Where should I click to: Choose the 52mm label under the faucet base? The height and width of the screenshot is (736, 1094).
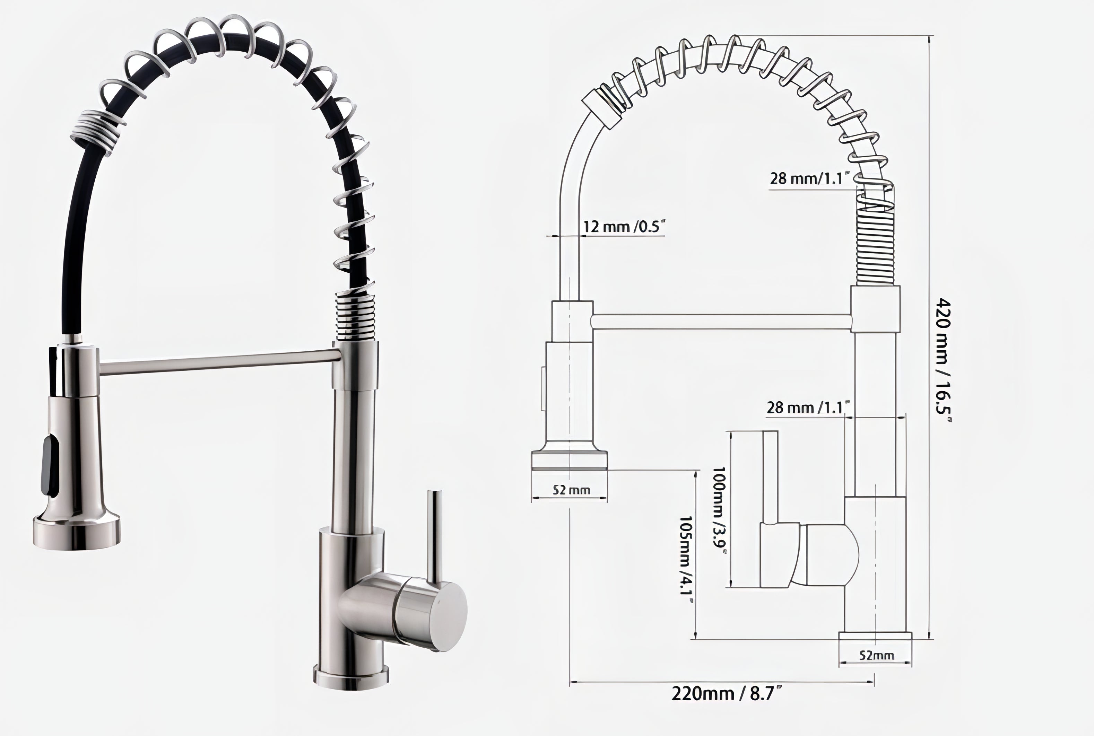pos(877,655)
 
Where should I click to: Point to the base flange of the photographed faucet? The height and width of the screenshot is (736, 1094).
pos(351,678)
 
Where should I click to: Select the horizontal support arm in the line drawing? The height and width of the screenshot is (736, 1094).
pos(722,322)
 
